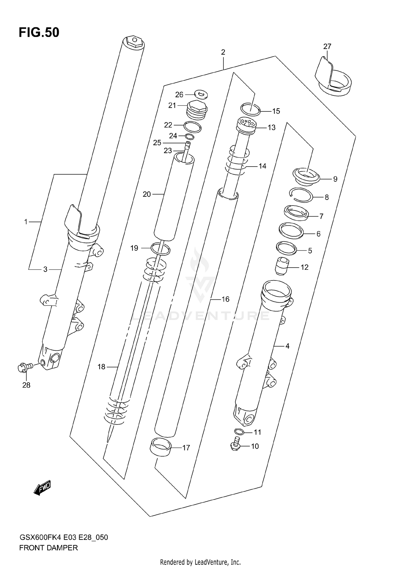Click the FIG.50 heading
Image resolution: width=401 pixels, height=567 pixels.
tap(39, 33)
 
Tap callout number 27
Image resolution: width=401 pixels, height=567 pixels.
tap(327, 47)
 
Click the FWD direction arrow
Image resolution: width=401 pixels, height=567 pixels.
tap(42, 489)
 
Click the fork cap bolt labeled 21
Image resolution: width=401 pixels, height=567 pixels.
tap(196, 109)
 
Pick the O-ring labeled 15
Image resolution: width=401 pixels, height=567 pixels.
tap(250, 110)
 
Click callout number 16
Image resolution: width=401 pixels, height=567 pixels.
tap(225, 299)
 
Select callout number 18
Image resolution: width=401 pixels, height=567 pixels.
tap(101, 367)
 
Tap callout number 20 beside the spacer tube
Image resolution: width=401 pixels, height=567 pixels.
tap(146, 194)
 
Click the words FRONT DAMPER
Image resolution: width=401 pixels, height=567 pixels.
tap(48, 548)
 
